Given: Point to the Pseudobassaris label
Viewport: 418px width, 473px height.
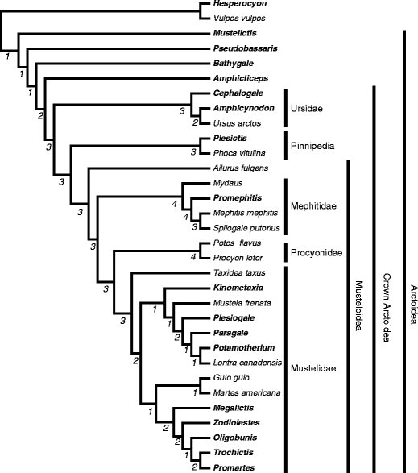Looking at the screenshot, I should (x=245, y=48).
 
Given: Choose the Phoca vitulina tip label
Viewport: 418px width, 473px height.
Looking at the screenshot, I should (x=239, y=152).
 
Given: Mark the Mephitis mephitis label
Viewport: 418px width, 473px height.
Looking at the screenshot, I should (x=245, y=214).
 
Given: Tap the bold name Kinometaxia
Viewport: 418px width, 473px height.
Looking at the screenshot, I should (x=239, y=287).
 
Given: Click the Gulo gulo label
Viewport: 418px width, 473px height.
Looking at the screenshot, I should (x=231, y=377).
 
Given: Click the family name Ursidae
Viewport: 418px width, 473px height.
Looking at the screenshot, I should (x=308, y=107).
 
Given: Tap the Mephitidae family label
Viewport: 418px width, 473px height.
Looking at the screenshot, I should (x=316, y=205).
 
